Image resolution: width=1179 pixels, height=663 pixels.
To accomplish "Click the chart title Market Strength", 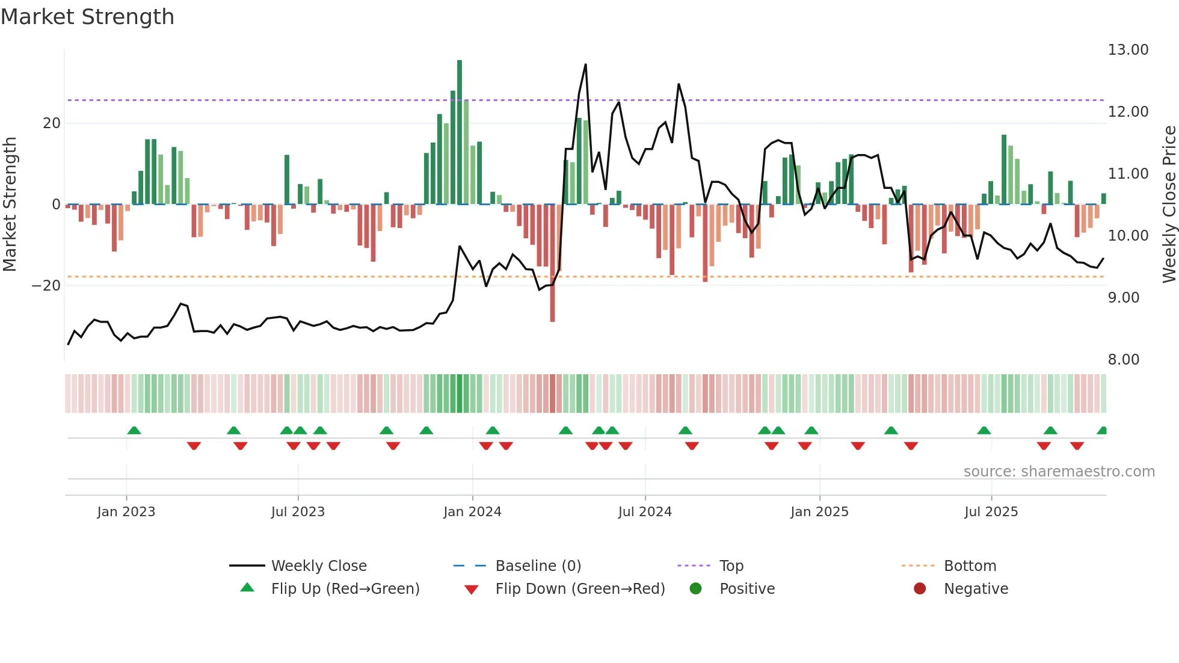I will (87, 17).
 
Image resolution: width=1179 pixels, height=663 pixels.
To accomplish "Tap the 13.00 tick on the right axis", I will (1128, 50).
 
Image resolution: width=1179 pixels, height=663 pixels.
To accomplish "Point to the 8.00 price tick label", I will (1123, 360).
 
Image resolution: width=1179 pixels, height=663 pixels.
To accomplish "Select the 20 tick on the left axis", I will (52, 123).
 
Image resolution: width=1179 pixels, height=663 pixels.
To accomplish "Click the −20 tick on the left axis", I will (46, 286).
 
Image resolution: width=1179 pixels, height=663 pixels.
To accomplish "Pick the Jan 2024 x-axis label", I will (472, 512).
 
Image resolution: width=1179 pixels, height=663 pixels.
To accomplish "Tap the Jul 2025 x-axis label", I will (991, 512).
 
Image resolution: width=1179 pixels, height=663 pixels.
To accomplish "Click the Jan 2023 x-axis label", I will (126, 512).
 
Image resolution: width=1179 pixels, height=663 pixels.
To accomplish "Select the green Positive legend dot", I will (695, 589).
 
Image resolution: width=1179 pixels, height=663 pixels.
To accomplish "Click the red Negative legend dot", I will (920, 589).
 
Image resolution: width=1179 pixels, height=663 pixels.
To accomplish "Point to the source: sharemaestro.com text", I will (1059, 472).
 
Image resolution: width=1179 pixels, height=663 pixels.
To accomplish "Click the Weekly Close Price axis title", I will (1169, 205).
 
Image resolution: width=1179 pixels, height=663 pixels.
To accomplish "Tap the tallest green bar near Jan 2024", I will (460, 132).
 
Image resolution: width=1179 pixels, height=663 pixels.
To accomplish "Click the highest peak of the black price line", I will (585, 65).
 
